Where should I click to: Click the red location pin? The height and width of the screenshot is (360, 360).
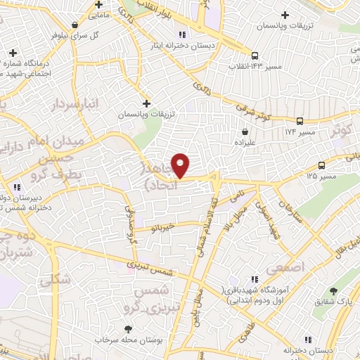point(181,165)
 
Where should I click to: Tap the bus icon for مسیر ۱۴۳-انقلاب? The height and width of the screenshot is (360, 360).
point(255,55)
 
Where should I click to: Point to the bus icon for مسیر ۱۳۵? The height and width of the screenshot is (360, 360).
point(321,165)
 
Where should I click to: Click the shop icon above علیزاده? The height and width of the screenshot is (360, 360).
point(245,131)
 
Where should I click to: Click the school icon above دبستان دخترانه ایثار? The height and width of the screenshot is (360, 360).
point(182,34)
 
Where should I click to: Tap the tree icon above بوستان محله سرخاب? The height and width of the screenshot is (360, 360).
point(128,328)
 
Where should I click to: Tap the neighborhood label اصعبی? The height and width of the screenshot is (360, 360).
point(294,267)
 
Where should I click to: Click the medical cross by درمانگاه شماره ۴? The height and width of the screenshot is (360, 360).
point(13,53)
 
